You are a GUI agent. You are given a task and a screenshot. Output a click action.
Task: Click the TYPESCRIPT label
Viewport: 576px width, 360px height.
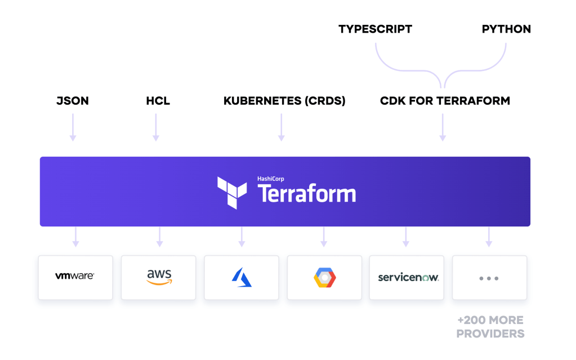375,29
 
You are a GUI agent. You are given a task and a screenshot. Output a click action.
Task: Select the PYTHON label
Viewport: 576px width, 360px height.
506,29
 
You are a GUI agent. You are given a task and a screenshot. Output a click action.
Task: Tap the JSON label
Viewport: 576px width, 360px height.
73,101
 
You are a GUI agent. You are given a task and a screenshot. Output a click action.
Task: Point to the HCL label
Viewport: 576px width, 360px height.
158,101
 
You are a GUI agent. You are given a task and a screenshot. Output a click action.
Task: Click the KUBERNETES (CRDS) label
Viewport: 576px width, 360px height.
284,101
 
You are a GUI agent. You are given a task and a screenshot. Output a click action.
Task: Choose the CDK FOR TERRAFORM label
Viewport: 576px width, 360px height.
445,101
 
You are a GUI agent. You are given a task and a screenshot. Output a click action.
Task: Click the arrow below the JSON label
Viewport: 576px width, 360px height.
73,127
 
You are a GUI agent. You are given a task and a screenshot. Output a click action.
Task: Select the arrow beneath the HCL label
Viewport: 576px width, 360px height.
156,127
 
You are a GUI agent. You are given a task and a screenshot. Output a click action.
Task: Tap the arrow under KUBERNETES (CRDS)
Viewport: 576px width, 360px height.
282,127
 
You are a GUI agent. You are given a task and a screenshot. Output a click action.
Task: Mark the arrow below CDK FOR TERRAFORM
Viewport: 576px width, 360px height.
443,127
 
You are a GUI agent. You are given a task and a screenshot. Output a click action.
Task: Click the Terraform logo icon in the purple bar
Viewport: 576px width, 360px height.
232,192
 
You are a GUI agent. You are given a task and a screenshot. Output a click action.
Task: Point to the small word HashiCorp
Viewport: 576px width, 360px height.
271,179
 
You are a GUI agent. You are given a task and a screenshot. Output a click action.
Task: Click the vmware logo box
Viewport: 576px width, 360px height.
75,277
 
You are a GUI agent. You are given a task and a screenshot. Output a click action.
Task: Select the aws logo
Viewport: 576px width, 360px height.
159,277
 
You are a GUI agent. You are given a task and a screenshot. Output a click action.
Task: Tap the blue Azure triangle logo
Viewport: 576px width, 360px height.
242,277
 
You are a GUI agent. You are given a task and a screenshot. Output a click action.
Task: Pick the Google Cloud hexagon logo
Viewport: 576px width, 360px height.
324,277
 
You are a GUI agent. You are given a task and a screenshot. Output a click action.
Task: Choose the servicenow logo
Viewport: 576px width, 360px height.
408,277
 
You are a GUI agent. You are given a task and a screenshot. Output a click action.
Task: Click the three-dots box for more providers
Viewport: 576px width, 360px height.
489,278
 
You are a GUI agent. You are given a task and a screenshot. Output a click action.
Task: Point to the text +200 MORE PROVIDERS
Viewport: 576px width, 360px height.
490,327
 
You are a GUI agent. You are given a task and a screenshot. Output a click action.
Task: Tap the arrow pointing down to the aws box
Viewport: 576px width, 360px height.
160,237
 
